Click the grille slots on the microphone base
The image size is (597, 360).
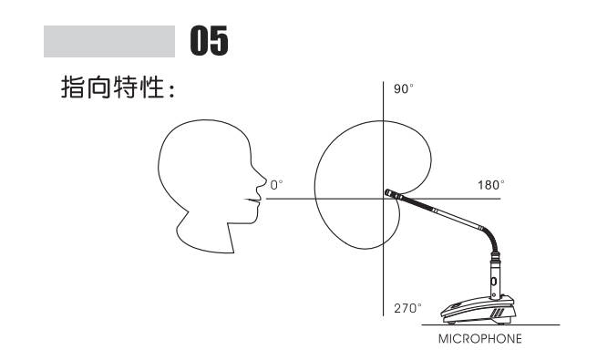click(x=500, y=312)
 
